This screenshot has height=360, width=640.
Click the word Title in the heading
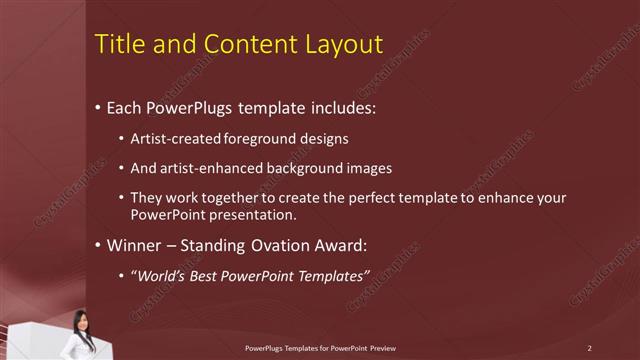coord(117,45)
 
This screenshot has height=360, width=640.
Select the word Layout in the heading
coord(345,45)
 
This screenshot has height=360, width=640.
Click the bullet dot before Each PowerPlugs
coord(97,106)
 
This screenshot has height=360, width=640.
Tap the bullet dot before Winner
coord(97,244)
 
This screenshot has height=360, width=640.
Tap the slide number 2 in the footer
coord(589,347)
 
